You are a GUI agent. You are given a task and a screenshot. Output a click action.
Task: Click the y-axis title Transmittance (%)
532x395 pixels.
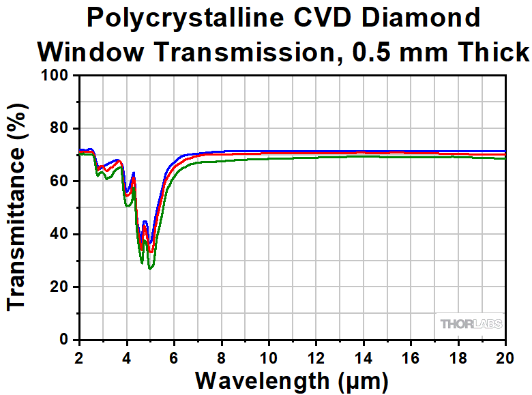point(19,207)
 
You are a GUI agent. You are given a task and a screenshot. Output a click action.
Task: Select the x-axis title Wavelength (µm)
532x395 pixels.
point(292,379)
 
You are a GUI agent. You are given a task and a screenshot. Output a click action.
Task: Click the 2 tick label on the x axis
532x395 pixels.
point(79,356)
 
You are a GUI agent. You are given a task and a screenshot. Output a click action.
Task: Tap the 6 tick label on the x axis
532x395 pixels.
point(174,356)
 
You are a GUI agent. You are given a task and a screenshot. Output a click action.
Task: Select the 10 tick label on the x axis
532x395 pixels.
point(269,356)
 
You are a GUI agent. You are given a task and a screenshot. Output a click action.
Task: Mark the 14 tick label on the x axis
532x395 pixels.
point(364,356)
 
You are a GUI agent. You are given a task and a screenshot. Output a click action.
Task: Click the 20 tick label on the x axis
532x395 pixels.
point(505,356)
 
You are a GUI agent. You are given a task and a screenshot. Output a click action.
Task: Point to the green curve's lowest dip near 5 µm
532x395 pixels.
point(151,268)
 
